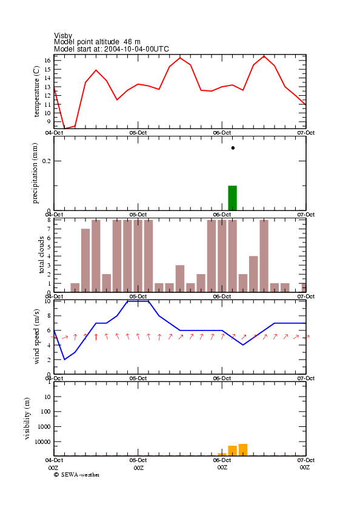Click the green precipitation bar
[233, 198]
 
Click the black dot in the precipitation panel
[233, 148]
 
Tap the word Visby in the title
[63, 35]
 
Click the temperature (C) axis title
[36, 92]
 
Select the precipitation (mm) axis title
[35, 173]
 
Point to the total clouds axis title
[41, 255]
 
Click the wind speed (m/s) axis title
[36, 337]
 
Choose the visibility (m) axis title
[27, 418]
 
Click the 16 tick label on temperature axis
[47, 61]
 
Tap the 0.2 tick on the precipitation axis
[47, 161]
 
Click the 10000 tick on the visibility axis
[43, 441]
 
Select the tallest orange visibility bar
[243, 450]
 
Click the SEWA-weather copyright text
[77, 475]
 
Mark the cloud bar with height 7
[85, 260]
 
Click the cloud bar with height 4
[254, 274]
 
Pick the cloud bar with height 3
[180, 278]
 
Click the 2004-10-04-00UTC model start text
[136, 49]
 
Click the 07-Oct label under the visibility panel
[306, 460]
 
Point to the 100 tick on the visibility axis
[46, 412]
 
